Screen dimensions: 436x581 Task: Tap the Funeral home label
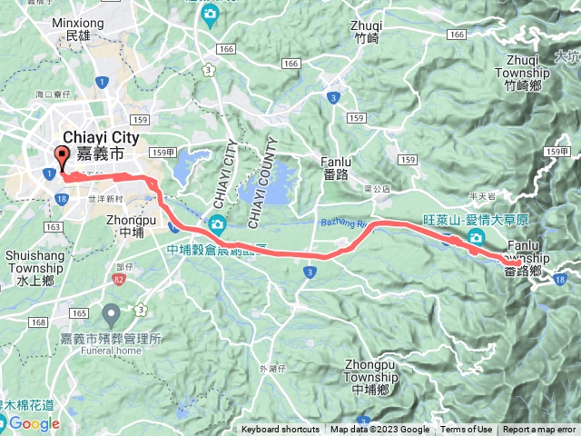click(115, 351)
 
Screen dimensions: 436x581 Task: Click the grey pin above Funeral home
click(111, 316)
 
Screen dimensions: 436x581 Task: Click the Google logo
click(34, 423)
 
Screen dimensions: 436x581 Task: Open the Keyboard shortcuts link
click(280, 430)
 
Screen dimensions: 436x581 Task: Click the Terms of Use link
click(467, 430)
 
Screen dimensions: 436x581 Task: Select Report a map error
click(539, 430)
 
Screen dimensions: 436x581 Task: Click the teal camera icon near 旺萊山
click(476, 238)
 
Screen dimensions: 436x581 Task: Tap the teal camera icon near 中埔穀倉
click(217, 224)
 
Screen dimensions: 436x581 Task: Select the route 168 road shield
click(38, 322)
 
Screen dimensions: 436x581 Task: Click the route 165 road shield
click(80, 313)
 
